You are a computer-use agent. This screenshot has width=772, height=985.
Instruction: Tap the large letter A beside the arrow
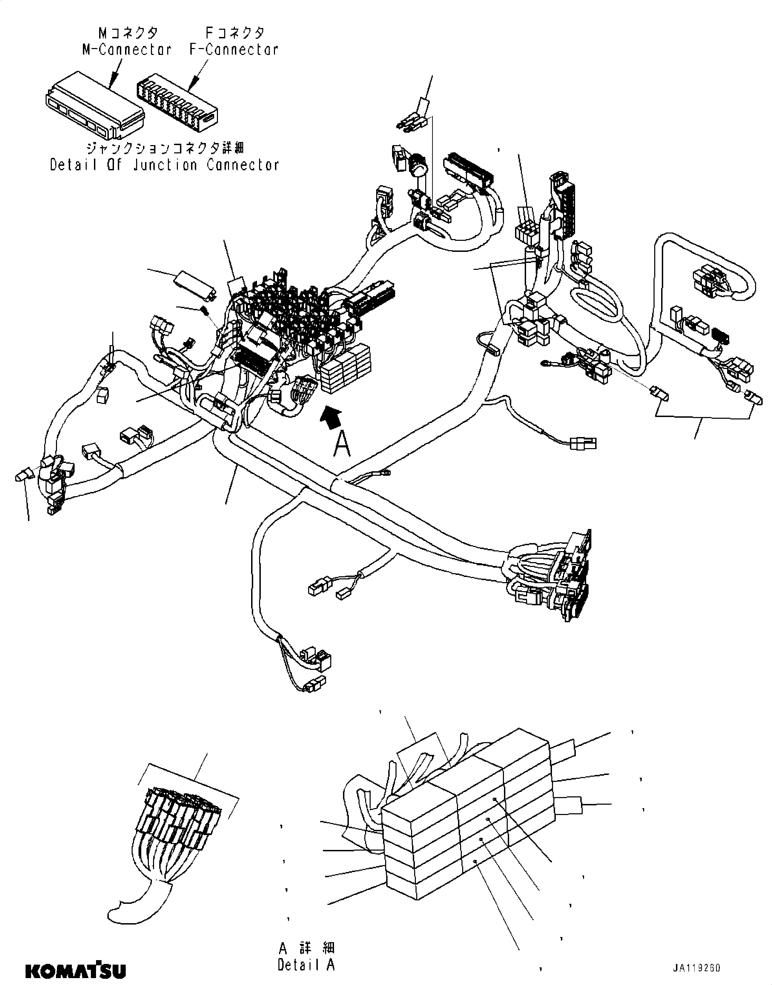[x=342, y=444]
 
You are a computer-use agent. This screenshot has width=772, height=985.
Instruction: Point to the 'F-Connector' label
[x=234, y=49]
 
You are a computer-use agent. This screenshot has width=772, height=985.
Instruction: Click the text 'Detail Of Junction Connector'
[x=164, y=165]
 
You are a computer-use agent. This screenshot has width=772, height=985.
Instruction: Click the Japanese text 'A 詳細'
[x=306, y=948]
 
